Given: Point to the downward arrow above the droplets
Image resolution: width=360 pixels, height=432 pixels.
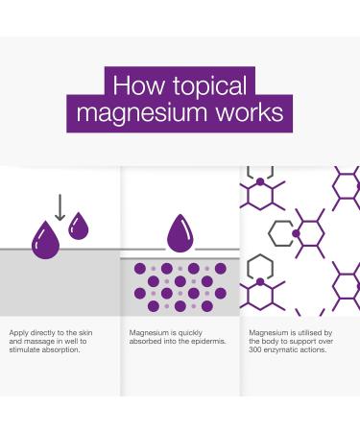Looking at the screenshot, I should point(59,206).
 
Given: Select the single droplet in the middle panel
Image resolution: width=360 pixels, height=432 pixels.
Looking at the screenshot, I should point(180,233).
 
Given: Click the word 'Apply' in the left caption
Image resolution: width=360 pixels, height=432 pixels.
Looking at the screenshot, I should point(18,333).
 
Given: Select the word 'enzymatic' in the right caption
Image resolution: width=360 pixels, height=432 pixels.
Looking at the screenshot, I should point(287,349).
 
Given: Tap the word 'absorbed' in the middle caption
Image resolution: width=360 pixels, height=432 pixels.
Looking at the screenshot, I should point(145,341).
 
